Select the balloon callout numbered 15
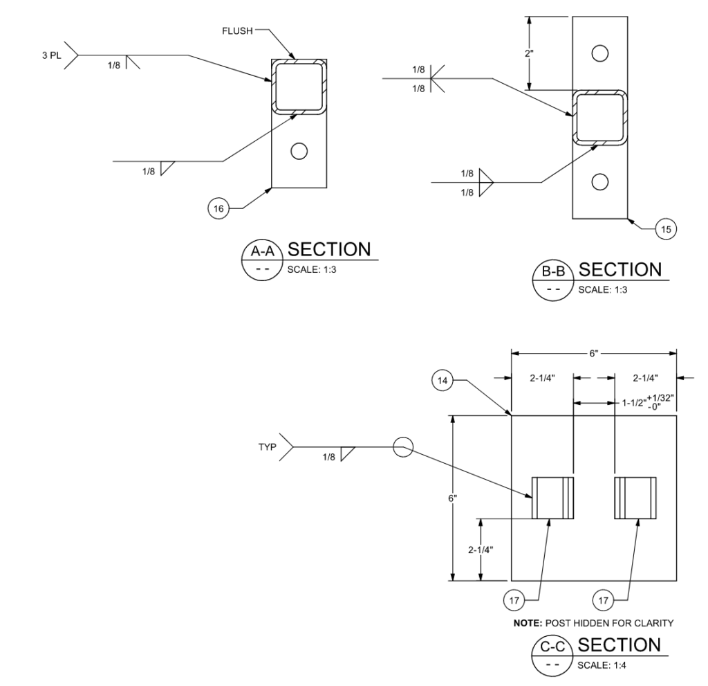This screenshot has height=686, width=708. point(669,228)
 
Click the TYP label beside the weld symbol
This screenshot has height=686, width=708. point(267,447)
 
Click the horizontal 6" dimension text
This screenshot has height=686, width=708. point(593,353)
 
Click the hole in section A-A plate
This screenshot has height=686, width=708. point(299,150)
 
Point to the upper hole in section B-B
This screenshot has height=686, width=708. point(599,53)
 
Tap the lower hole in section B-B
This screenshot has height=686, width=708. point(599,181)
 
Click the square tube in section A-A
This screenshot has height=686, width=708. point(299,87)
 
